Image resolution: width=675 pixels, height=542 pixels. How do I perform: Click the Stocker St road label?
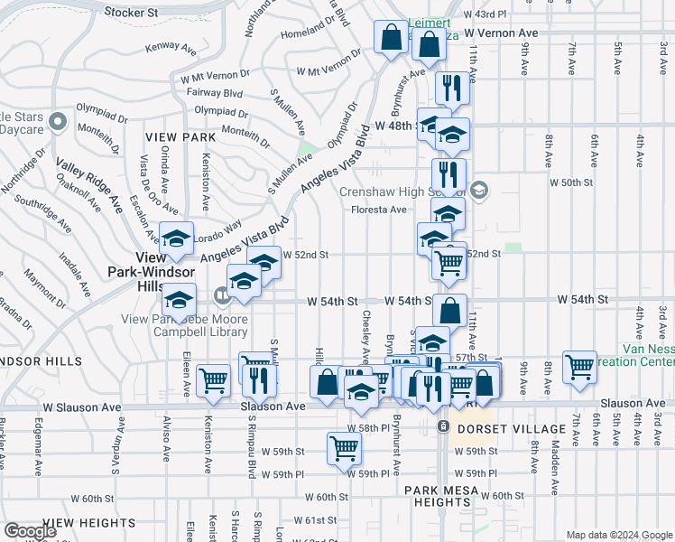click(131, 13)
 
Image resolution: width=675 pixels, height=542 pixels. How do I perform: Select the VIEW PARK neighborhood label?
click(180, 137)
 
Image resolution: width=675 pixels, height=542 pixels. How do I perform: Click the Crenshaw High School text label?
click(402, 192)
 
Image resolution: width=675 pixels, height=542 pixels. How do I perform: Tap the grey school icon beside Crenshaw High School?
click(478, 190)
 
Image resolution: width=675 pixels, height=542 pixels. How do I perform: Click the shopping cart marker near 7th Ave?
click(578, 366)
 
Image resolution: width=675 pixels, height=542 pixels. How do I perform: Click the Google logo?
click(30, 531)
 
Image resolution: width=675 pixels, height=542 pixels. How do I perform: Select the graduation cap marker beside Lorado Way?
click(177, 238)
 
